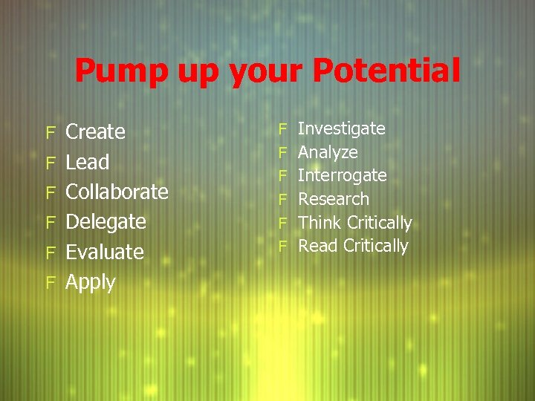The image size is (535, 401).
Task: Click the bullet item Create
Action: pyautogui.click(x=96, y=132)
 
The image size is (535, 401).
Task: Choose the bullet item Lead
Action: pyautogui.click(x=88, y=162)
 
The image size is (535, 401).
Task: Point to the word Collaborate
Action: pyautogui.click(x=117, y=192)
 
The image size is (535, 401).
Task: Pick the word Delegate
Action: pyautogui.click(x=106, y=222)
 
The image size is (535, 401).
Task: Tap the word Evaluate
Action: pyautogui.click(x=105, y=252)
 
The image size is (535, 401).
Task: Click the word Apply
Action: pyautogui.click(x=91, y=283)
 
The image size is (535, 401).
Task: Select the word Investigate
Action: pyautogui.click(x=341, y=129)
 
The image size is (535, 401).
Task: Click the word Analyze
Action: pyautogui.click(x=328, y=152)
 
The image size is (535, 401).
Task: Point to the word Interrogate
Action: pyautogui.click(x=342, y=176)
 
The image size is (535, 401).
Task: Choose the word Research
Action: pyautogui.click(x=334, y=199)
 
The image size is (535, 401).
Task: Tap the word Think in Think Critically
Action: pyautogui.click(x=320, y=223)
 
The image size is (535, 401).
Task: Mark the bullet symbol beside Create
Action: pyautogui.click(x=51, y=133)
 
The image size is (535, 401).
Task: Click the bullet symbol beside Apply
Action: pyautogui.click(x=51, y=282)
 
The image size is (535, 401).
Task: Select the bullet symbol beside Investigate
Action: pyautogui.click(x=282, y=129)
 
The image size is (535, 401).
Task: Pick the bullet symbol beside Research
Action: pyautogui.click(x=282, y=199)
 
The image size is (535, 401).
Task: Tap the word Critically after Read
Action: pyautogui.click(x=376, y=246)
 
